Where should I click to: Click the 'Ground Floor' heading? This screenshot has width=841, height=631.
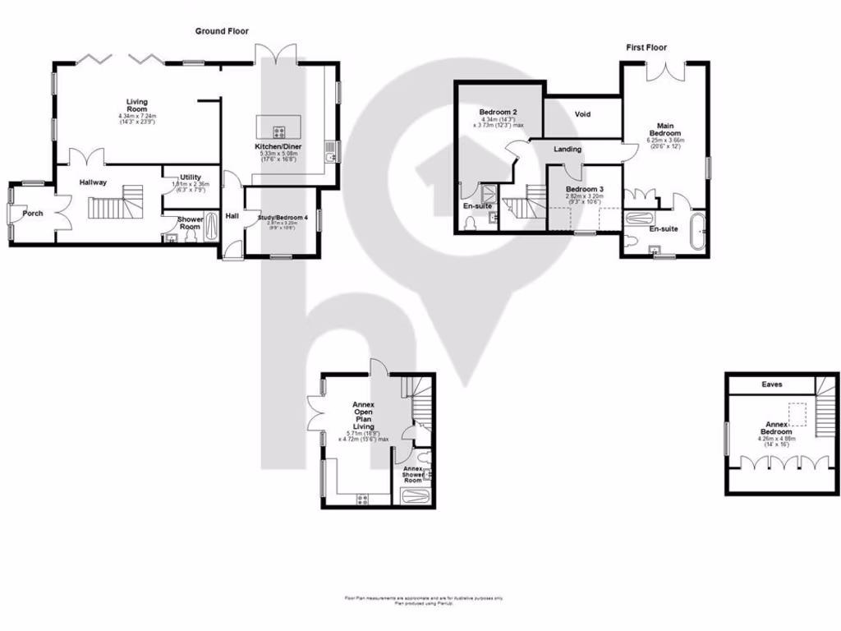[x=221, y=31]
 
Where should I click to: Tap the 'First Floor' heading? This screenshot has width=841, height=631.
[x=646, y=48]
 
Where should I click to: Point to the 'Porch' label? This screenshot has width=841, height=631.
[x=33, y=214]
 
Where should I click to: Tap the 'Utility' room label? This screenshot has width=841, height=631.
[x=191, y=177]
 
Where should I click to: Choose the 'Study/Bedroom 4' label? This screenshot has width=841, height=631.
[x=283, y=217]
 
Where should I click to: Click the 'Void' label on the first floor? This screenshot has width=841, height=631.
[x=583, y=114]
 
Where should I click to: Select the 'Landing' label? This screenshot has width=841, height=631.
[x=568, y=150]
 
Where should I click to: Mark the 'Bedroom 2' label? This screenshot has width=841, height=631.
[x=497, y=112]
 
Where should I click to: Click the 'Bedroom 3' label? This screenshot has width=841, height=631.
[x=584, y=189]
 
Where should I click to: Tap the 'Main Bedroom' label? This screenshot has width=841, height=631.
[x=665, y=128]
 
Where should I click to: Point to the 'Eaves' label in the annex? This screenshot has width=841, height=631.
[x=771, y=384]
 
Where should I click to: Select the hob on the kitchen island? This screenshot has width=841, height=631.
[x=278, y=131]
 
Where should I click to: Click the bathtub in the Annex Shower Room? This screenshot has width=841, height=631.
[x=412, y=496]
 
